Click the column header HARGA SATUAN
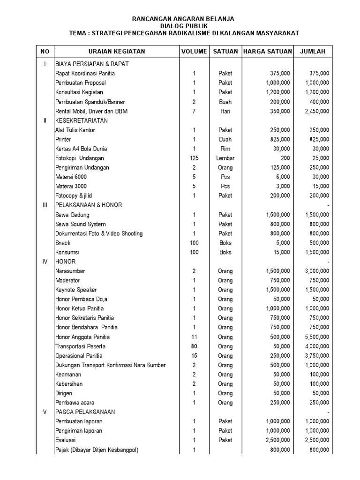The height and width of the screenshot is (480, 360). [267, 52]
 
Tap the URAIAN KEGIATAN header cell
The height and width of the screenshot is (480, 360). [117, 52]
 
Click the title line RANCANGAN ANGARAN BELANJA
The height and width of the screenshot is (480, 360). [183, 19]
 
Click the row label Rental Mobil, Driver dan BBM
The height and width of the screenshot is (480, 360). [91, 111]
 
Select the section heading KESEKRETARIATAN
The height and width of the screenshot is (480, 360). [82, 120]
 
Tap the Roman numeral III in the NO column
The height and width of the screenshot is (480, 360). [45, 205]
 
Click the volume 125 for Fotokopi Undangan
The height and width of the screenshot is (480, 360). [194, 158]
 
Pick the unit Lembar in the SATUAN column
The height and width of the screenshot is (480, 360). [225, 158]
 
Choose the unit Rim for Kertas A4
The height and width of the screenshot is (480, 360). [225, 149]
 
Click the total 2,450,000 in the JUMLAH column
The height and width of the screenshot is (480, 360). [317, 111]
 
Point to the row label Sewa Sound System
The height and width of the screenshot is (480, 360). [81, 224]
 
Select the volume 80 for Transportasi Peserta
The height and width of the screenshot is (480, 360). [194, 346]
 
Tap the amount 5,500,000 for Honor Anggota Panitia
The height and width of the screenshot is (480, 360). [317, 337]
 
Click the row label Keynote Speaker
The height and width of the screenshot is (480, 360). [76, 290]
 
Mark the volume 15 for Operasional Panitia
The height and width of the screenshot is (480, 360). [194, 356]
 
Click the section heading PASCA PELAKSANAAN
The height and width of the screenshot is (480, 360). [85, 412]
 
